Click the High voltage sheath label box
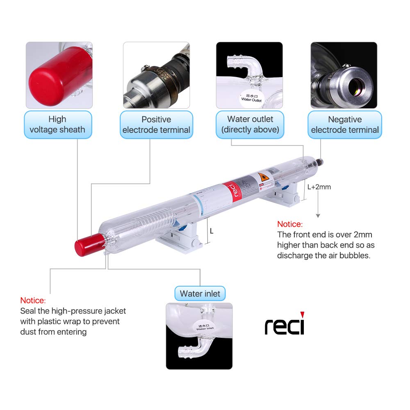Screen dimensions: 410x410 point(57,124)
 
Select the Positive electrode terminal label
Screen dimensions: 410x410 point(156,125)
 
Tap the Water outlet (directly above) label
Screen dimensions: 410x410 point(250,124)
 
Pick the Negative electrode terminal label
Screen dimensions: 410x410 point(345,125)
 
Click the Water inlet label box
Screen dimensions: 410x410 point(200,294)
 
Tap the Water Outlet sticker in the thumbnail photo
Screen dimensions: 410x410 point(251,97)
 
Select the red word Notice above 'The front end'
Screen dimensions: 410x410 point(289,224)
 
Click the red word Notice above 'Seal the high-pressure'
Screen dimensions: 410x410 point(33,301)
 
